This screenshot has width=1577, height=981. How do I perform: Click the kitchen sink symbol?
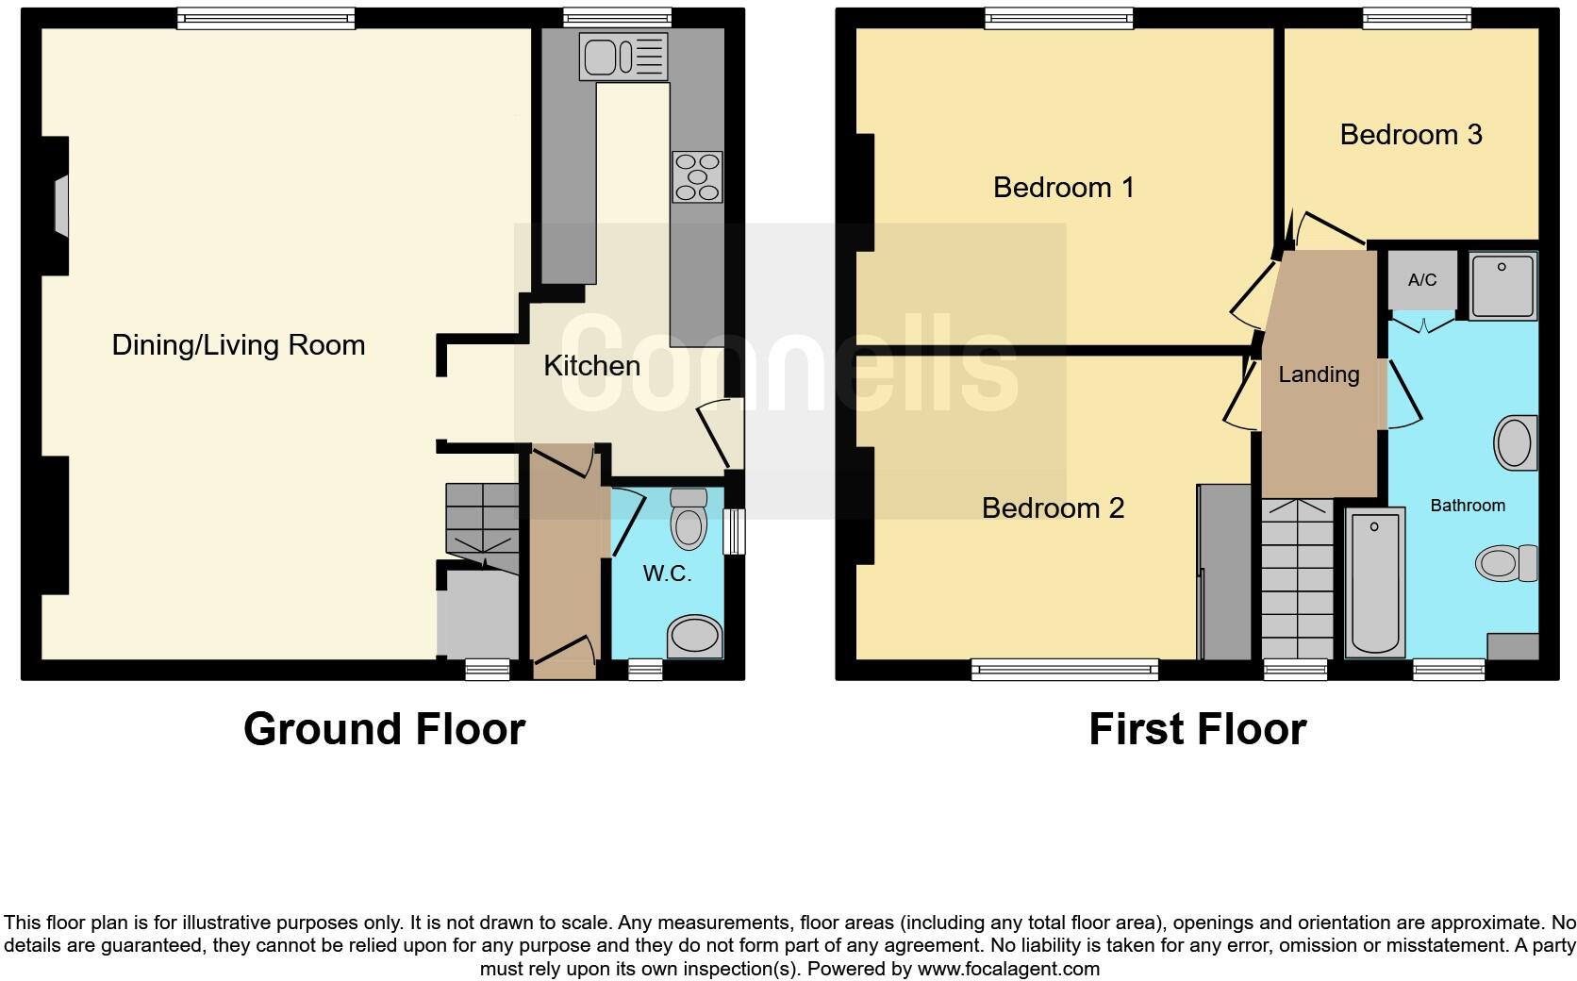pyautogui.click(x=623, y=57)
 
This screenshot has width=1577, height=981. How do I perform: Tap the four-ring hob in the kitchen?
pyautogui.click(x=697, y=177)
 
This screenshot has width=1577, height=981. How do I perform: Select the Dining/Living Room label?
pyautogui.click(x=239, y=345)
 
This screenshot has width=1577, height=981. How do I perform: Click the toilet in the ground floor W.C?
pyautogui.click(x=689, y=519)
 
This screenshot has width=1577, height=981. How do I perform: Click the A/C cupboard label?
pyautogui.click(x=1422, y=280)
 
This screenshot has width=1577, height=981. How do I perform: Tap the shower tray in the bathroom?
pyautogui.click(x=1502, y=284)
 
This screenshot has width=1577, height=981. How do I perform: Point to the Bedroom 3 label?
pyautogui.click(x=1411, y=135)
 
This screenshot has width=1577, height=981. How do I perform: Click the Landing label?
pyautogui.click(x=1319, y=374)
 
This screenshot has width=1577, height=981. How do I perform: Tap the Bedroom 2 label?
pyautogui.click(x=1053, y=508)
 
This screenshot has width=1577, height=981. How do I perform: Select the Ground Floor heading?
pyautogui.click(x=384, y=729)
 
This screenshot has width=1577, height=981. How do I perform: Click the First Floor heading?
pyautogui.click(x=1197, y=729)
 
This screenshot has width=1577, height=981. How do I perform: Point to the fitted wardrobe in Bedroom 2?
pyautogui.click(x=1225, y=572)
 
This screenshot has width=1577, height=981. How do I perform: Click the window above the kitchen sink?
pyautogui.click(x=617, y=16)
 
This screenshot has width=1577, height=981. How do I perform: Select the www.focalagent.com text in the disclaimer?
pyautogui.click(x=1007, y=969)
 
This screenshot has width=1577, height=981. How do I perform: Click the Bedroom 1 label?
pyautogui.click(x=1063, y=188)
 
